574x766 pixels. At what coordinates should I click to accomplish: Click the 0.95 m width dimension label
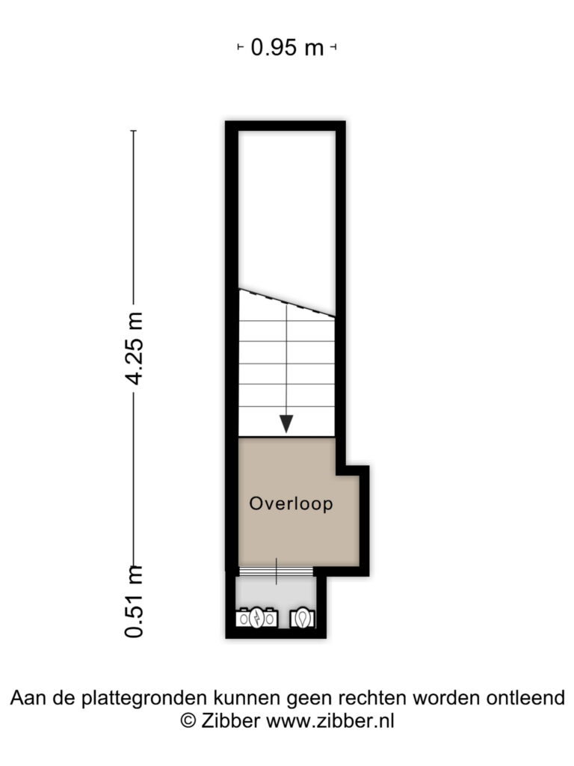pyautogui.click(x=287, y=48)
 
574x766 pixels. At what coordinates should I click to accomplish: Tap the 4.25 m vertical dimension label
pyautogui.click(x=135, y=349)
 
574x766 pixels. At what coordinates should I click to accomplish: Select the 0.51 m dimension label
pyautogui.click(x=135, y=601)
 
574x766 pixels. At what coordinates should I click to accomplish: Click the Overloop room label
pyautogui.click(x=291, y=503)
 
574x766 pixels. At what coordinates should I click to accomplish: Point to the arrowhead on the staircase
pyautogui.click(x=286, y=423)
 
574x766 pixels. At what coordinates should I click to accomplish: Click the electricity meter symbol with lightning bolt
pyautogui.click(x=257, y=618)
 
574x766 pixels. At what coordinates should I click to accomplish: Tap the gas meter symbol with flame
pyautogui.click(x=303, y=619)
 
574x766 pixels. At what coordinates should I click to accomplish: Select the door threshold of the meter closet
pyautogui.click(x=276, y=571)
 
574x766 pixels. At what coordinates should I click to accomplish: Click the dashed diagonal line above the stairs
pyautogui.click(x=286, y=303)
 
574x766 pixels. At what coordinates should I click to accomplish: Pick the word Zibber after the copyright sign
pyautogui.click(x=230, y=721)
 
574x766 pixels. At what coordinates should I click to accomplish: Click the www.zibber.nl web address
pyautogui.click(x=330, y=721)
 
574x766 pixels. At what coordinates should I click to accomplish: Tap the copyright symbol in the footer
pyautogui.click(x=188, y=721)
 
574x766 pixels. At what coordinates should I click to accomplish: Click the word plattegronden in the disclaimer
pyautogui.click(x=144, y=699)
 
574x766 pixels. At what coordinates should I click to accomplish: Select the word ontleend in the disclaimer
pyautogui.click(x=525, y=698)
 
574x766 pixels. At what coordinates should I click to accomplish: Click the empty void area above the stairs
pyautogui.click(x=286, y=210)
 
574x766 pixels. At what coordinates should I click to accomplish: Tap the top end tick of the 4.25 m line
pyautogui.click(x=134, y=131)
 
